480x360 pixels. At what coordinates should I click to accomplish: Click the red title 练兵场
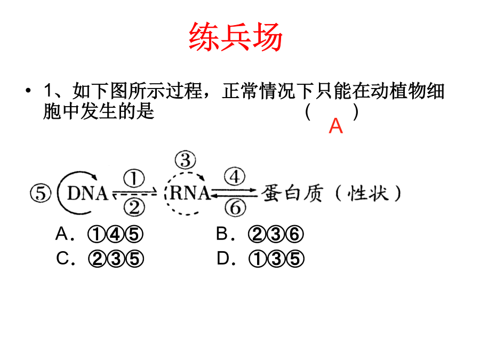point(235,37)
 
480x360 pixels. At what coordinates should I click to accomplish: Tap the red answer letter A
point(335,126)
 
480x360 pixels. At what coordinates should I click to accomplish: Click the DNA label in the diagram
point(88,193)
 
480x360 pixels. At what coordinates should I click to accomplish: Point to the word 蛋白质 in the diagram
point(292,193)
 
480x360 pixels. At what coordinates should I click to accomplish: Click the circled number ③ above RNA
point(186,160)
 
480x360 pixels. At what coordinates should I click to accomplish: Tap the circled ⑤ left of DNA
point(41,194)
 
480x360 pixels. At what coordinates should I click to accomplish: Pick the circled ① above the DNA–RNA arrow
point(134,178)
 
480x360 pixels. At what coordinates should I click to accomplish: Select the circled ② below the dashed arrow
point(134,207)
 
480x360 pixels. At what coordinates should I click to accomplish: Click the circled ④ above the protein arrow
point(235,177)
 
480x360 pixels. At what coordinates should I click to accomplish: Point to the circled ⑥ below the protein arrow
point(235,207)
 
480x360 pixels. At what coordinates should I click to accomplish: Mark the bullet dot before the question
point(28,91)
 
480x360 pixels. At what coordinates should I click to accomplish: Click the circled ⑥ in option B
point(294,234)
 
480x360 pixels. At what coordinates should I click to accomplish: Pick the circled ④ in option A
point(115,234)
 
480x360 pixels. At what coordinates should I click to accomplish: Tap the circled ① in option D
point(258,259)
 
